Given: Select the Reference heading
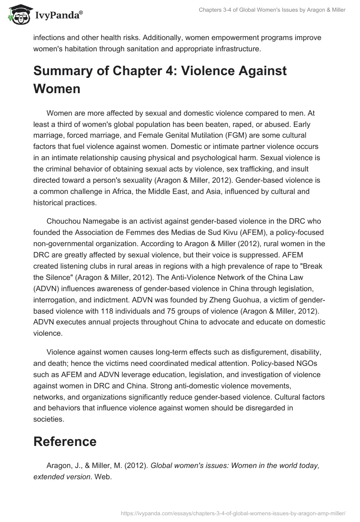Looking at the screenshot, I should [65, 441].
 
